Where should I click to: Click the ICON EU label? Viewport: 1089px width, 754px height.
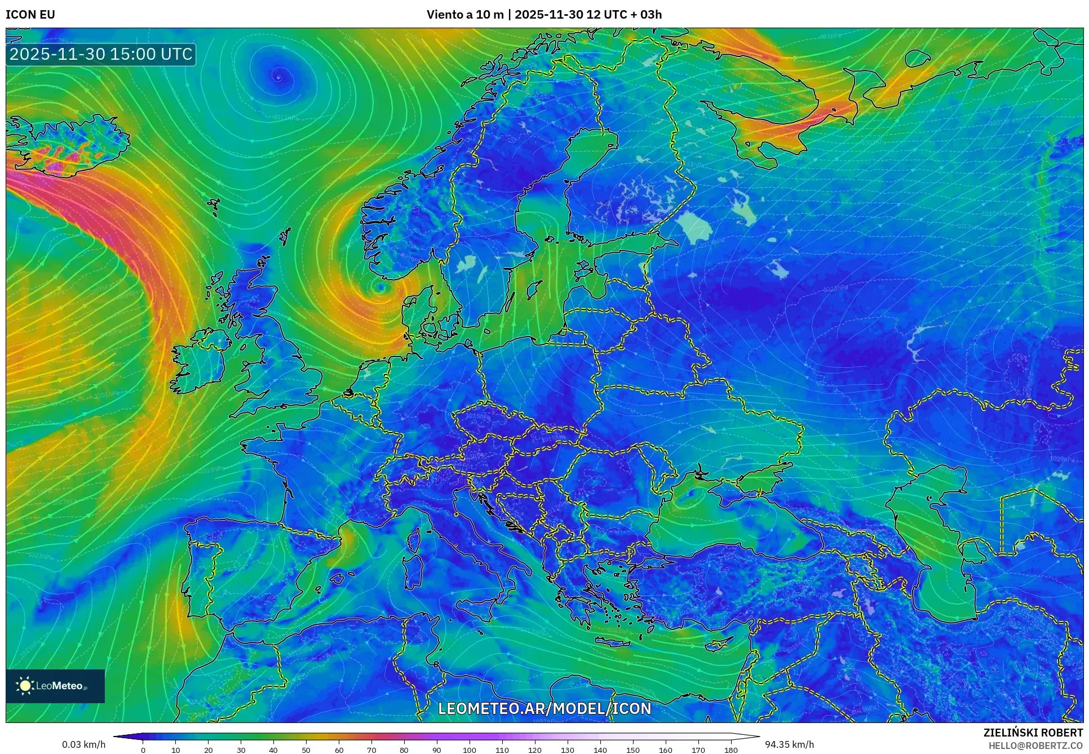[30, 15]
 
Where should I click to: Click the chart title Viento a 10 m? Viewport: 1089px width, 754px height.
[464, 15]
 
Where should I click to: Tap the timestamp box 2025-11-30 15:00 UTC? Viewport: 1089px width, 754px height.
[101, 54]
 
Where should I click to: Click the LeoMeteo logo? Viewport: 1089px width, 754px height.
[55, 686]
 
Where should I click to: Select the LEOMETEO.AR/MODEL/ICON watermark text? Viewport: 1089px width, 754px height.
[544, 708]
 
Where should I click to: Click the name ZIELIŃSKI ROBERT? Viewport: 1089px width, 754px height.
[1033, 733]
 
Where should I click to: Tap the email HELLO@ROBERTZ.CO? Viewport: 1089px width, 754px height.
[1035, 745]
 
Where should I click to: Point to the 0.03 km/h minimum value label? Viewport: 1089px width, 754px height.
[83, 744]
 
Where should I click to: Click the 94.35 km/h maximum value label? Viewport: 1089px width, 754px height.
[789, 744]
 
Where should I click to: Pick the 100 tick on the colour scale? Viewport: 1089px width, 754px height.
[470, 749]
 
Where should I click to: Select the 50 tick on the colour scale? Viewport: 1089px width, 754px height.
[306, 749]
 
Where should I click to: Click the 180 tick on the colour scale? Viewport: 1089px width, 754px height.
[731, 749]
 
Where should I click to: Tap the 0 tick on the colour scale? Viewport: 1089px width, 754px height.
[143, 749]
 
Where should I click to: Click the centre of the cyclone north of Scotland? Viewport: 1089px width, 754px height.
[277, 77]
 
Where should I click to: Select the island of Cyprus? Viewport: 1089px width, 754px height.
[719, 643]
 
